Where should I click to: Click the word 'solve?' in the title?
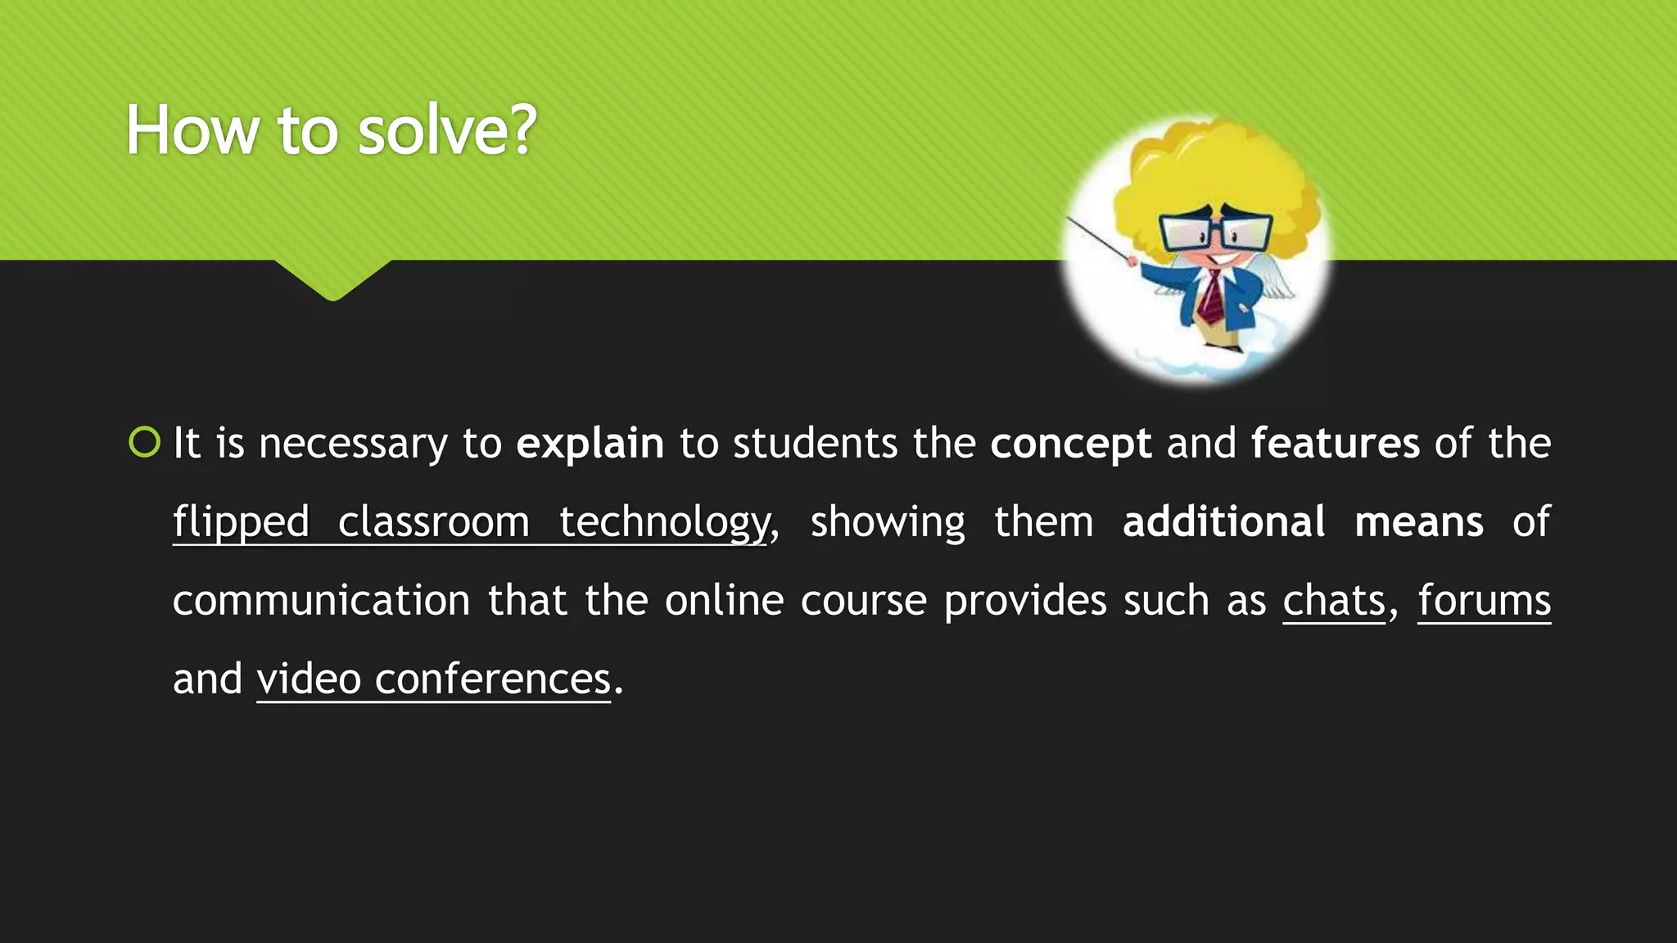coord(447,131)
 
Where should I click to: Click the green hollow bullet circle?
coord(145,442)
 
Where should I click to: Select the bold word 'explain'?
coord(590,444)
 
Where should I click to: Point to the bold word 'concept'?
coord(1070,444)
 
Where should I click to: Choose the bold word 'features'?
coord(1335,444)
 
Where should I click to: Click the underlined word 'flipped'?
coord(241,522)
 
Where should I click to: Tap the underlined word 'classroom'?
coord(433,522)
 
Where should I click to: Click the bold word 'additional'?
coord(1223,522)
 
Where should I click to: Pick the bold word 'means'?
coord(1418,522)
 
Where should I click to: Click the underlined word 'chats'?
coord(1333,601)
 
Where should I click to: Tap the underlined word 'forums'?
coord(1484,601)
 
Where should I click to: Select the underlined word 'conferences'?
coord(492,679)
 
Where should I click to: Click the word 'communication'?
coord(321,601)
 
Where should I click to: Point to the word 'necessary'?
coord(352,444)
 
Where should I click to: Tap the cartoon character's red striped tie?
coord(1210,299)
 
